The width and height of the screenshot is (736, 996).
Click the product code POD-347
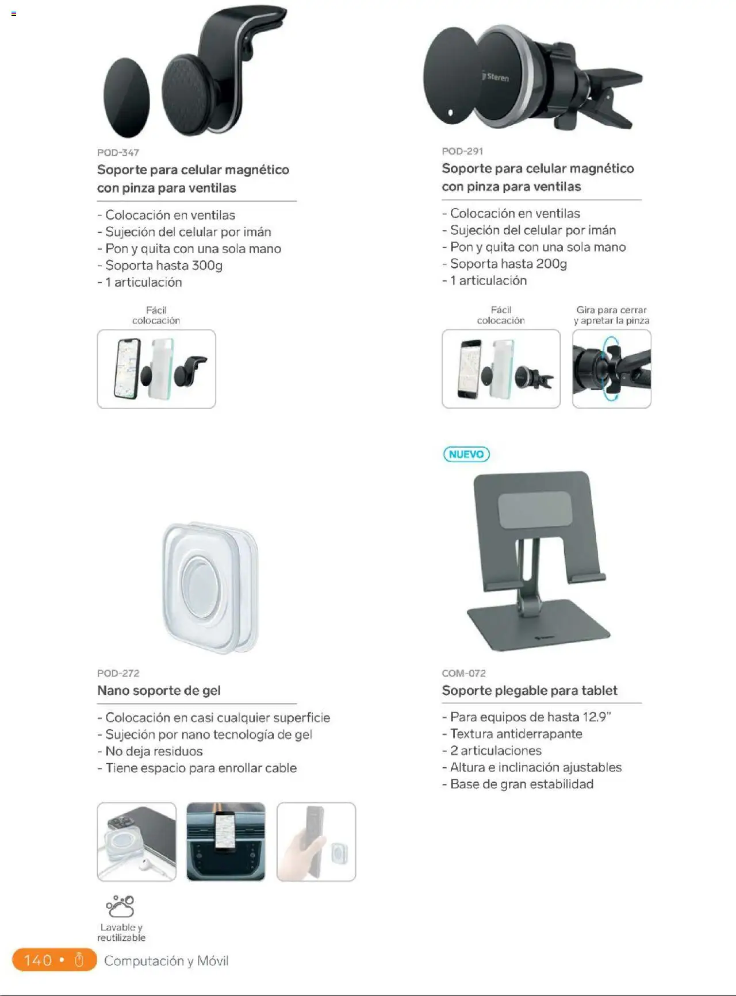coord(118,152)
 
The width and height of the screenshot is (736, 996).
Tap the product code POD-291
coord(462,151)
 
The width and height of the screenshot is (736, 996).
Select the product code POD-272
coord(118,673)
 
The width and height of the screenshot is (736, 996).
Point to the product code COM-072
coord(463,673)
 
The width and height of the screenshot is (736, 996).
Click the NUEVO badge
coord(466,454)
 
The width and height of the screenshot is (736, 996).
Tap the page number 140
coord(38,960)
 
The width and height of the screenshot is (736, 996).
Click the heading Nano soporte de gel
coord(159,690)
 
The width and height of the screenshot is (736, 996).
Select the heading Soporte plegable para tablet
coord(530,690)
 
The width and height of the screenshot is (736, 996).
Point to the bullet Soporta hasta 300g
coord(160,266)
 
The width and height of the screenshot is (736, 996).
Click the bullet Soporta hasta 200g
coord(504,264)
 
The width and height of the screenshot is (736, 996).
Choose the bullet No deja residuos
coord(150,751)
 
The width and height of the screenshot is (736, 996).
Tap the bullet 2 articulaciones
coord(492,751)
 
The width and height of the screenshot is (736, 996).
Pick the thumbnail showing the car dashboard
coord(226,842)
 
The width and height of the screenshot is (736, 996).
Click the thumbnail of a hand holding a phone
coord(316,842)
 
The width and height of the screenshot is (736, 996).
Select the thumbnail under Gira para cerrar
coord(612,369)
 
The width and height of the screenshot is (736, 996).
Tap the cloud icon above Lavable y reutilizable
coord(120,906)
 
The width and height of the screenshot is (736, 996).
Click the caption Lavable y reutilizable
coord(121,932)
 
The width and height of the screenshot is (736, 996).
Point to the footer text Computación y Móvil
coord(166,961)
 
